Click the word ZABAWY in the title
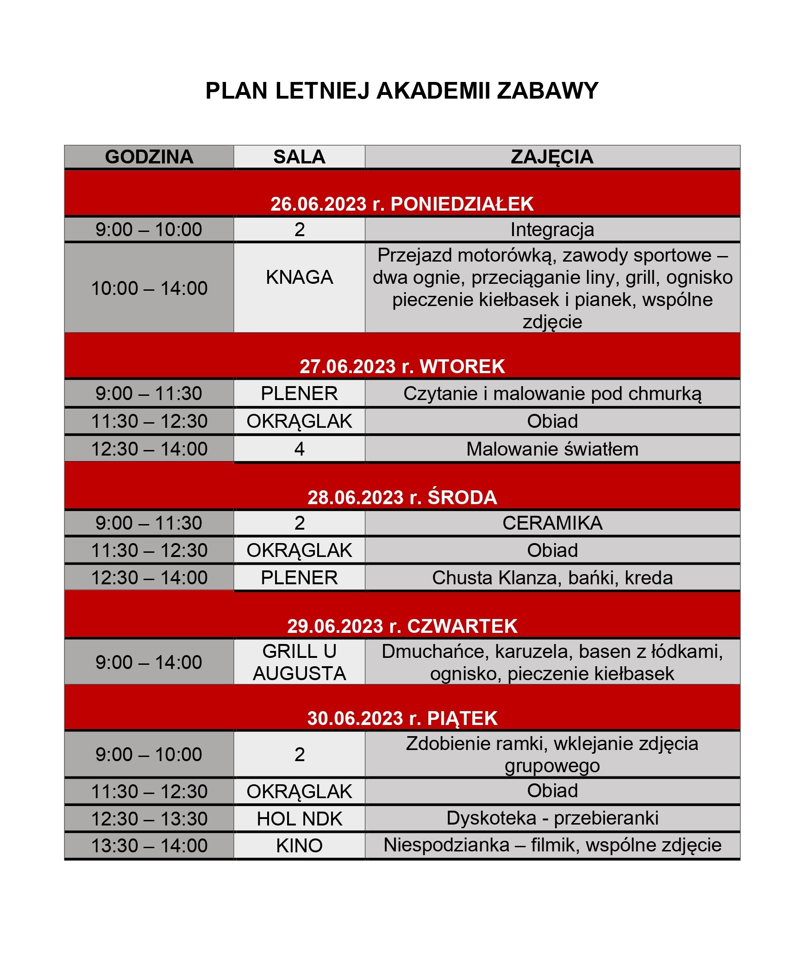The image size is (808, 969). pyautogui.click(x=547, y=91)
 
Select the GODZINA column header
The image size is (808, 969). pyautogui.click(x=149, y=157)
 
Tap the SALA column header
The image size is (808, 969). pyautogui.click(x=299, y=157)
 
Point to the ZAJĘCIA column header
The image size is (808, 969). pyautogui.click(x=552, y=157)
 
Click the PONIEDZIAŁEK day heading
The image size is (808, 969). pyautogui.click(x=462, y=204)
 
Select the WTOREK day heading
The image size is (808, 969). pyautogui.click(x=462, y=367)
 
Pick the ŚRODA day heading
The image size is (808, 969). pyautogui.click(x=462, y=498)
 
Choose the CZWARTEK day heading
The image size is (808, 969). pyautogui.click(x=462, y=626)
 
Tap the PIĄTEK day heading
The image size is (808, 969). pyautogui.click(x=462, y=719)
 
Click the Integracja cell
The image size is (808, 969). pyautogui.click(x=552, y=230)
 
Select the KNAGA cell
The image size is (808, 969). pyautogui.click(x=299, y=277)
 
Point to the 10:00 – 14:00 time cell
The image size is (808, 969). pyautogui.click(x=149, y=288)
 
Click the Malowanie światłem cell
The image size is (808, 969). pyautogui.click(x=552, y=449)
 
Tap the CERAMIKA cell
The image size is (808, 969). pyautogui.click(x=552, y=523)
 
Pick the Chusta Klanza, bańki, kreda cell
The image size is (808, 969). pyautogui.click(x=552, y=578)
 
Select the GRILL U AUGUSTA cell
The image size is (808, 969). pyautogui.click(x=299, y=663)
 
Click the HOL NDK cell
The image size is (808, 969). pyautogui.click(x=299, y=819)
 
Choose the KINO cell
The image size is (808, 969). pyautogui.click(x=299, y=846)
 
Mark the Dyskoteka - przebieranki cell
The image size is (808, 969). pyautogui.click(x=552, y=819)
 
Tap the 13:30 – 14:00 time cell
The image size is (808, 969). pyautogui.click(x=149, y=846)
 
